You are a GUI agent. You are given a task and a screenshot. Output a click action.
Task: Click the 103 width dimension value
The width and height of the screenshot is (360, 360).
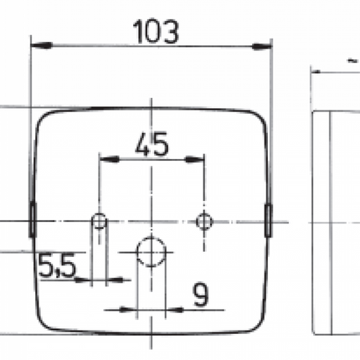tap(156, 31)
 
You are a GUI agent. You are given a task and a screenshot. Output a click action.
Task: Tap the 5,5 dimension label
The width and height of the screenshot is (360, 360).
tap(56, 267)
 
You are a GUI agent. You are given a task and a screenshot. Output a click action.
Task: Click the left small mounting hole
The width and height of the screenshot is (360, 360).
tap(100, 222)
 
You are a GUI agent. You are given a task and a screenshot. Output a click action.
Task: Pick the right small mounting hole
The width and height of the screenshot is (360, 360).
tap(203, 221)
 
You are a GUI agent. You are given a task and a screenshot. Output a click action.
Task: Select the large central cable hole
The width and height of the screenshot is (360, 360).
tap(151, 249)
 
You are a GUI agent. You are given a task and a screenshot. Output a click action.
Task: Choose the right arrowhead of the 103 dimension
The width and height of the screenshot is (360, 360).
tap(265, 46)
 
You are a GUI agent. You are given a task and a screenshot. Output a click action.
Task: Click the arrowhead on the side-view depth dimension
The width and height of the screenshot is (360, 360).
tap(318, 73)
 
